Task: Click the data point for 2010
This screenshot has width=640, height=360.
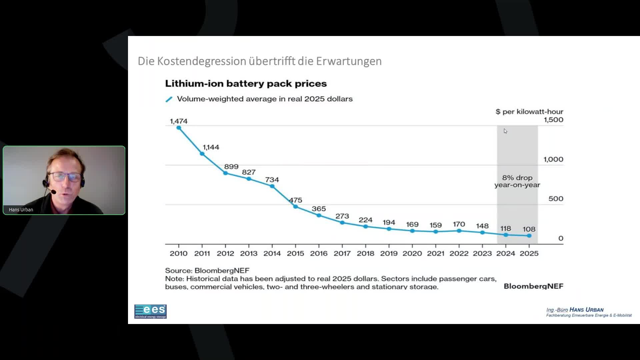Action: (x=179, y=128)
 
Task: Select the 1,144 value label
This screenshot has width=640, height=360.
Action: (x=211, y=147)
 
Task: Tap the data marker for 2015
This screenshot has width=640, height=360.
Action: (x=295, y=207)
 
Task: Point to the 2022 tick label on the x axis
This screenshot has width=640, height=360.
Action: (x=459, y=253)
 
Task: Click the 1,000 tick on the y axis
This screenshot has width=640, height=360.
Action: (x=553, y=159)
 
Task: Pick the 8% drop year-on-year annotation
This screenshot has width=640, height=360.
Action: (x=517, y=181)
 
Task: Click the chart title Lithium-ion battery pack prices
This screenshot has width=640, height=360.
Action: (x=246, y=83)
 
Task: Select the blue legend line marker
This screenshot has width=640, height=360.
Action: (x=169, y=99)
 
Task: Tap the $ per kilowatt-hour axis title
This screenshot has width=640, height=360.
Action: (x=529, y=112)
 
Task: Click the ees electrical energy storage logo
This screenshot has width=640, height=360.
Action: (x=150, y=311)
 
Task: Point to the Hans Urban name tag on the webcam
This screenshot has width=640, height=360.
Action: (x=21, y=210)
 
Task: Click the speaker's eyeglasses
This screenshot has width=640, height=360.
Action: (x=65, y=176)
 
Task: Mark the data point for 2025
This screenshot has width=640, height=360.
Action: (x=529, y=236)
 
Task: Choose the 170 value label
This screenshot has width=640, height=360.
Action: (x=459, y=224)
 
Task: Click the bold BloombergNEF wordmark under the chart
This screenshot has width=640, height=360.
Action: (x=533, y=286)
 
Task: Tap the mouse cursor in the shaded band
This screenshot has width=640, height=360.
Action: (x=505, y=131)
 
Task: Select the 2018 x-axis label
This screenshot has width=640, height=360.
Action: (x=365, y=253)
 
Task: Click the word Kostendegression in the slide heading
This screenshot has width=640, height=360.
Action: (x=202, y=61)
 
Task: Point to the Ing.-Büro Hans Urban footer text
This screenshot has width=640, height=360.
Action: (x=575, y=310)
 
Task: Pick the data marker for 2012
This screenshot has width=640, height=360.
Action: (x=225, y=173)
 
